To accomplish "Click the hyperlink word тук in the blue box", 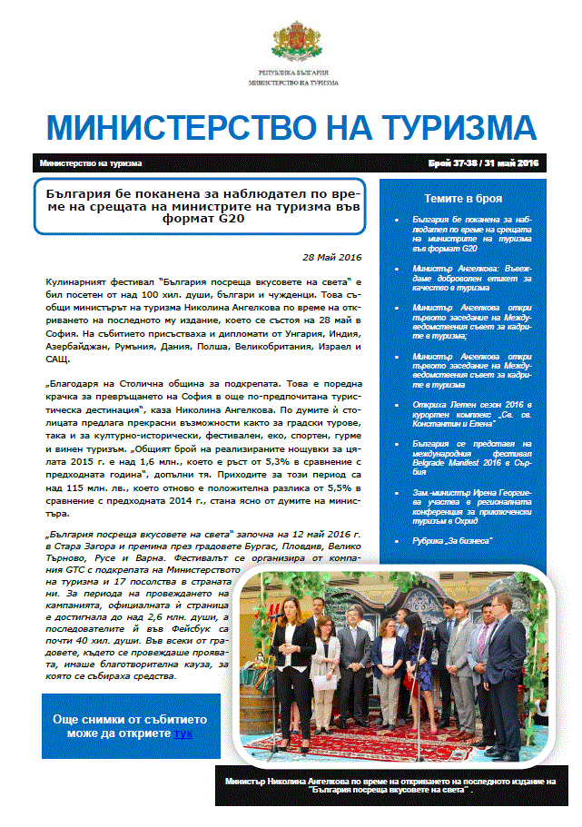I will pyautogui.click(x=183, y=733).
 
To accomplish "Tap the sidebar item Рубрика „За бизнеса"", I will pyautogui.click(x=451, y=540).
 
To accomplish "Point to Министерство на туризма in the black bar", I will pyautogui.click(x=91, y=164).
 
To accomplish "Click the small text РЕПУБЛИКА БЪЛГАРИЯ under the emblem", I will pyautogui.click(x=292, y=72).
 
